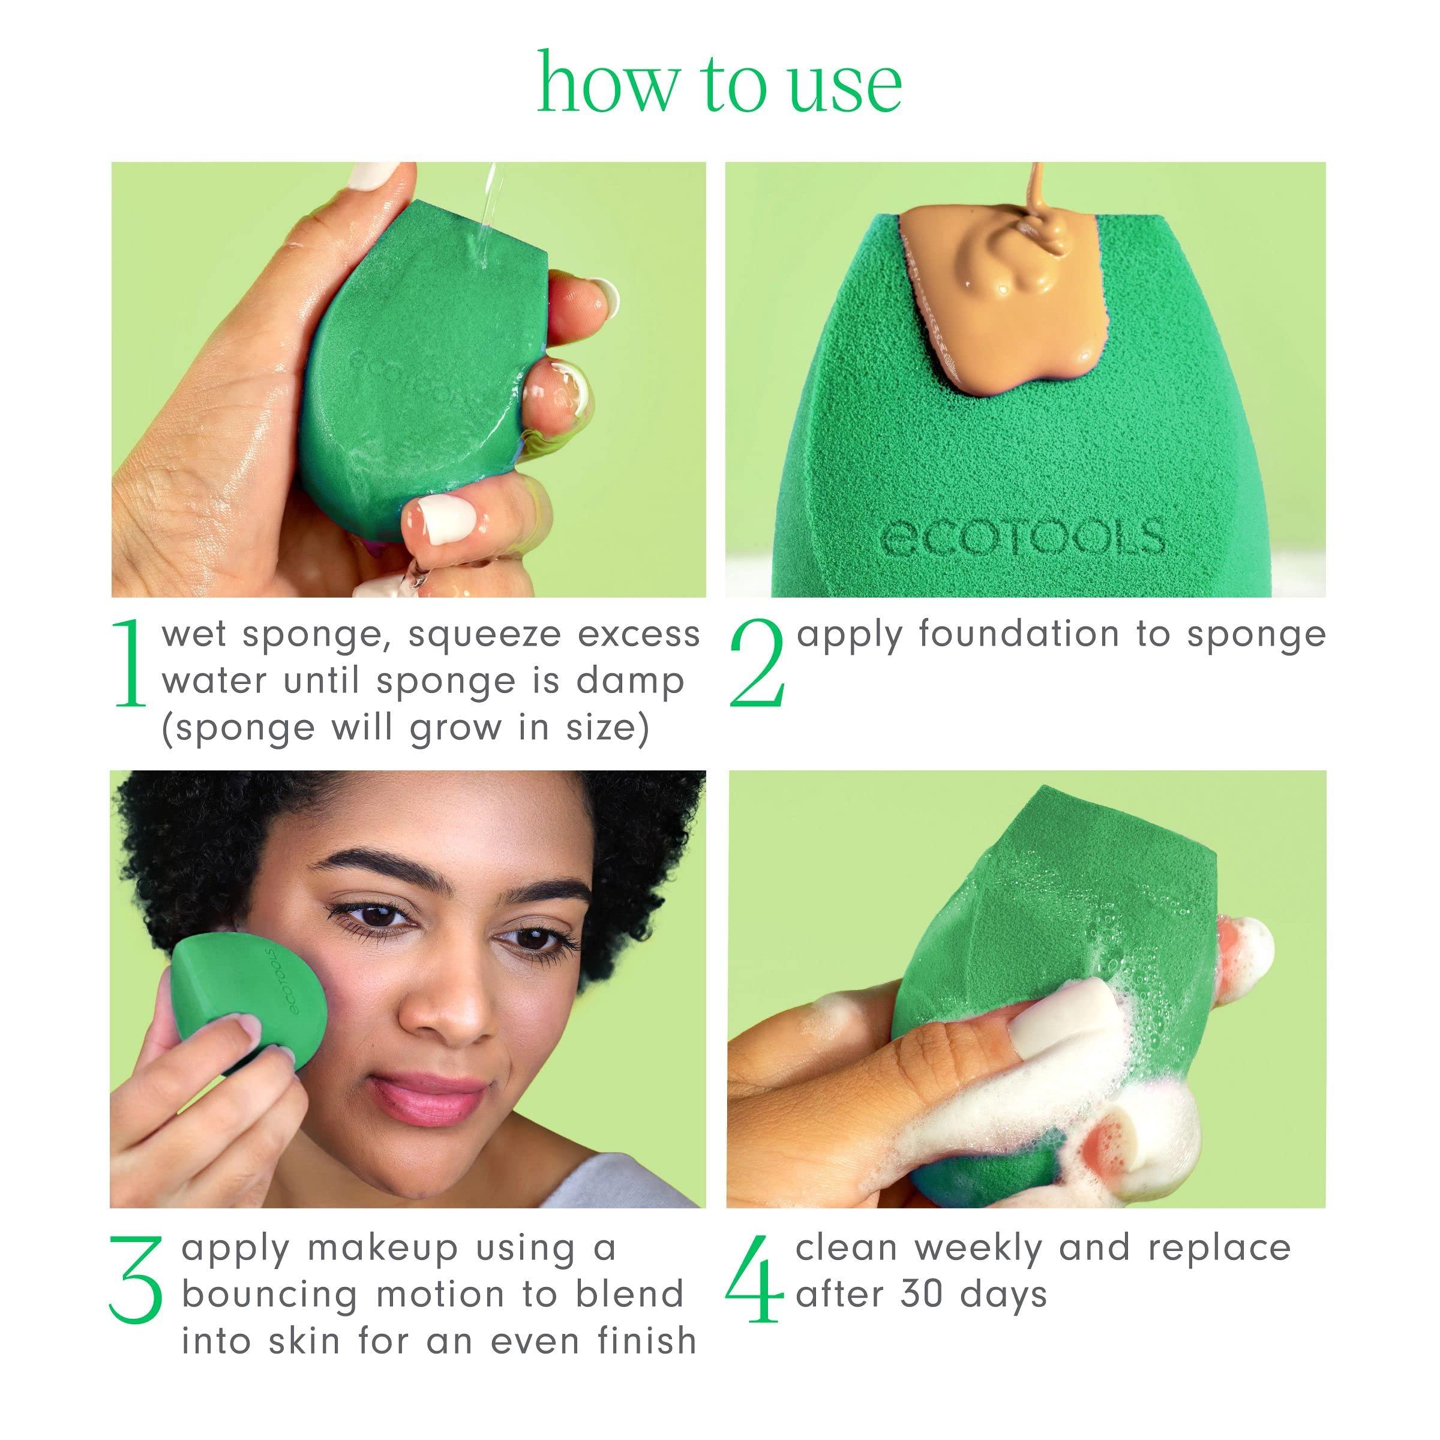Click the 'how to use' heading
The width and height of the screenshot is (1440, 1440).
click(x=719, y=83)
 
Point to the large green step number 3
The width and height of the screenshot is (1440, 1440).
click(x=136, y=1279)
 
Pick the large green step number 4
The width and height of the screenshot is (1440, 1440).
click(x=754, y=1279)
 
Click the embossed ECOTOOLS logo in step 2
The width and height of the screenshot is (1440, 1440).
click(x=1022, y=536)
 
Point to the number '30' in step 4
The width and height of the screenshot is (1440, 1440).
click(x=923, y=1295)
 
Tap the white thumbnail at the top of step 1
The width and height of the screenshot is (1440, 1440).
click(x=376, y=181)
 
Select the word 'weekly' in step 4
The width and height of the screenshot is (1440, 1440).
click(x=979, y=1249)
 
